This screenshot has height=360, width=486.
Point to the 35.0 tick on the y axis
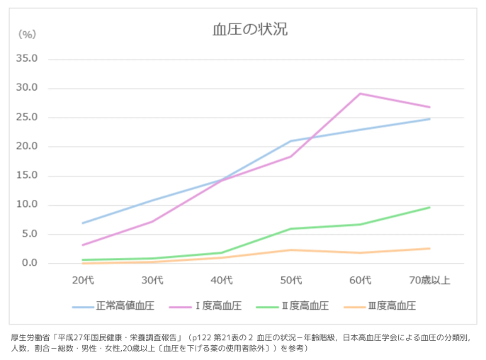pos(35,59)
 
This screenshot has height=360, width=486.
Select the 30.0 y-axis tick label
pos(35,88)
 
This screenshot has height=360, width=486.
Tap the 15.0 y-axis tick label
pos(35,176)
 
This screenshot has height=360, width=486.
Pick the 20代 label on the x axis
pos(83,280)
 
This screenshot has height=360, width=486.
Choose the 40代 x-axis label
pos(222,280)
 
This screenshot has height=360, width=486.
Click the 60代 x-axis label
pos(361,280)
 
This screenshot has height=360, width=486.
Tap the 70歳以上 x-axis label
pos(429,280)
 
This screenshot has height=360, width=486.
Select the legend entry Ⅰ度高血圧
pos(213,306)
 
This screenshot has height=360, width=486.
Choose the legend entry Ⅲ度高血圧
pos(386,306)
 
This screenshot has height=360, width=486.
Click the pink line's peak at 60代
pos(361,94)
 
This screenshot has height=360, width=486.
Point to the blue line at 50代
pos(291,141)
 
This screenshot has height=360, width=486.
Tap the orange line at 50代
pos(291,249)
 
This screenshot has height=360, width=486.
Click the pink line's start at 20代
pos(83,245)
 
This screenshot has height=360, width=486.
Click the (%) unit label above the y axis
pos(27,33)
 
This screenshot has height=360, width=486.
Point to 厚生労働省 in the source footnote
pos(30,337)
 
